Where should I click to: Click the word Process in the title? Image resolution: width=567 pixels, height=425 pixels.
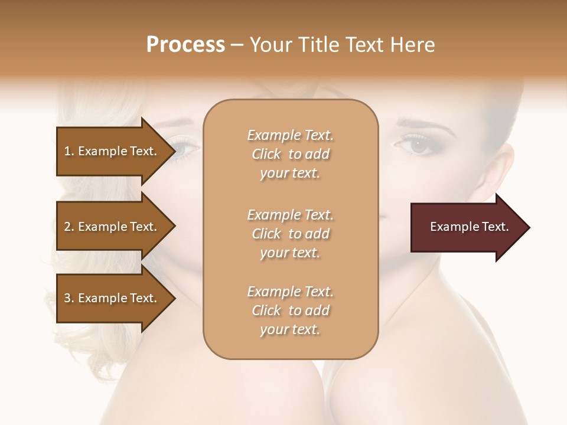pyautogui.click(x=185, y=45)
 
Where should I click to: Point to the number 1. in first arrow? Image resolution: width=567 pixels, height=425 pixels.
pyautogui.click(x=69, y=151)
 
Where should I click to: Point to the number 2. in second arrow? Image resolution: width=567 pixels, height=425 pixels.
pyautogui.click(x=69, y=227)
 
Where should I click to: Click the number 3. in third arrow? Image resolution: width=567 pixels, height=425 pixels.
pyautogui.click(x=69, y=298)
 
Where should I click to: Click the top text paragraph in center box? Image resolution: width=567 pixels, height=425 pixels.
pyautogui.click(x=290, y=154)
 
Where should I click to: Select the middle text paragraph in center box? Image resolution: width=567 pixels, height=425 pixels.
pyautogui.click(x=290, y=234)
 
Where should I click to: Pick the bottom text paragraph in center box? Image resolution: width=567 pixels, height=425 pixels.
pyautogui.click(x=290, y=310)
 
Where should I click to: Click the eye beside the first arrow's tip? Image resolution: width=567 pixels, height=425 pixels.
pyautogui.click(x=184, y=148)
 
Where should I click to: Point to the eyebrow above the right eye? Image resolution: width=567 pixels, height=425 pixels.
pyautogui.click(x=421, y=125)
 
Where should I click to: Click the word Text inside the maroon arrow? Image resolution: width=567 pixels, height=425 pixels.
pyautogui.click(x=496, y=227)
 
